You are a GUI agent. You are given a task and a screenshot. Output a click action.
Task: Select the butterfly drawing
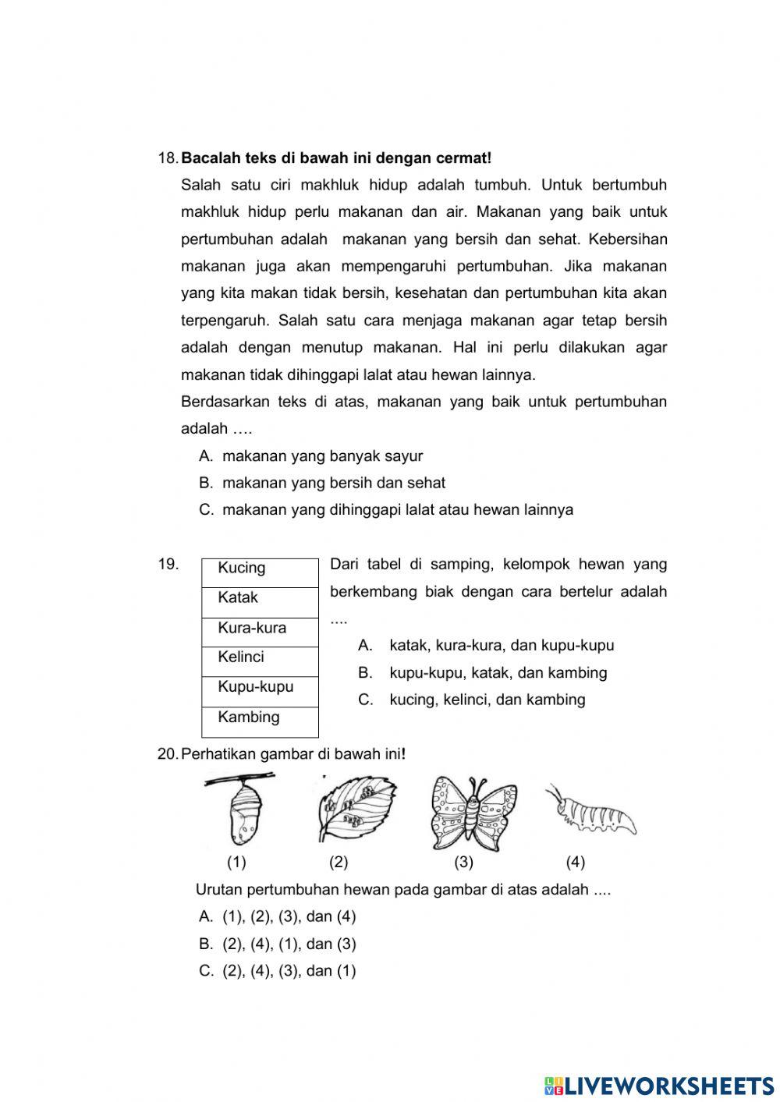473,813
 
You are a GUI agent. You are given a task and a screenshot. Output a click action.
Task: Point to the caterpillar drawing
594,811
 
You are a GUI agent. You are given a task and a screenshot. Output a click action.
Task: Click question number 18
168,158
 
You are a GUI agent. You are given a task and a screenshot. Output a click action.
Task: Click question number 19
168,564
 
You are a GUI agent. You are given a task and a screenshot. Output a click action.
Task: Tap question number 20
168,754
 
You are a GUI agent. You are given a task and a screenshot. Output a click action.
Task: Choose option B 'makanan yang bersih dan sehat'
333,483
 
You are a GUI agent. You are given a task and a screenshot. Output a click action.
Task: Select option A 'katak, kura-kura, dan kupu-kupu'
501,645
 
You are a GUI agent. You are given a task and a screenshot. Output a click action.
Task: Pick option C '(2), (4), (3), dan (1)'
289,971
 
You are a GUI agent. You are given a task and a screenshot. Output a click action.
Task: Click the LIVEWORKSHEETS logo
658,1085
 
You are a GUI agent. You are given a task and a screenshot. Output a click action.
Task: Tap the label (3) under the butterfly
463,862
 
